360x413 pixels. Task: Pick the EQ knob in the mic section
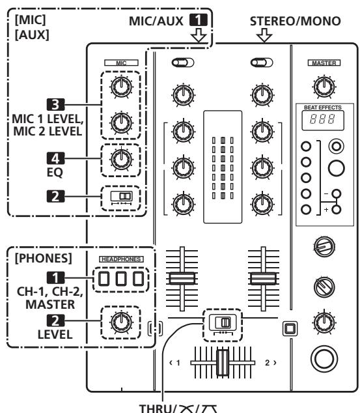(120, 158)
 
